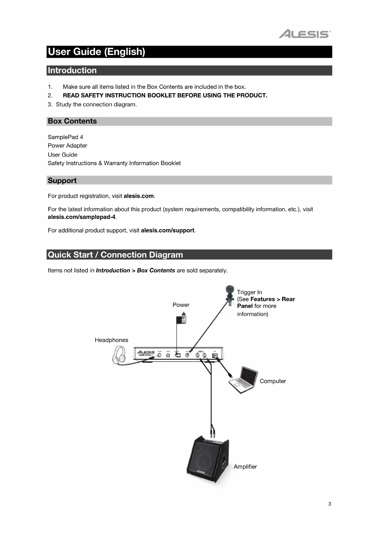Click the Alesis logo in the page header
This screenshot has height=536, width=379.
[304, 34]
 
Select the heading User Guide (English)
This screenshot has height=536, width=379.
[97, 52]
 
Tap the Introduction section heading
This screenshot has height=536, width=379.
[72, 70]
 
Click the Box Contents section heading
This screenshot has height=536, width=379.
[72, 121]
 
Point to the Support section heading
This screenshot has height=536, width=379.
[62, 180]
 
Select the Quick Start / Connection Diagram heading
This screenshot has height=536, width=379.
[115, 255]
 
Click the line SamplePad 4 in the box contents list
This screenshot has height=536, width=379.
[65, 137]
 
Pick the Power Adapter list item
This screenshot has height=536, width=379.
[67, 145]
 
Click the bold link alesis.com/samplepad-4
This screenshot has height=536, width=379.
[82, 217]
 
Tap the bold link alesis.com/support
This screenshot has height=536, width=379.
[167, 230]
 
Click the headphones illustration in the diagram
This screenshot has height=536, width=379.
[119, 355]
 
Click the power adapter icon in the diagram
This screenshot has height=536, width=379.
[182, 318]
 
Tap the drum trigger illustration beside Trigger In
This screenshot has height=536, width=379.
[229, 294]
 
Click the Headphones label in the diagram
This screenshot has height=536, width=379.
[111, 340]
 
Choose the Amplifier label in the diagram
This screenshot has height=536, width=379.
[245, 467]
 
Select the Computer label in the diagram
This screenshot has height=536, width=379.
[272, 381]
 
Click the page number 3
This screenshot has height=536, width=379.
[330, 504]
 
